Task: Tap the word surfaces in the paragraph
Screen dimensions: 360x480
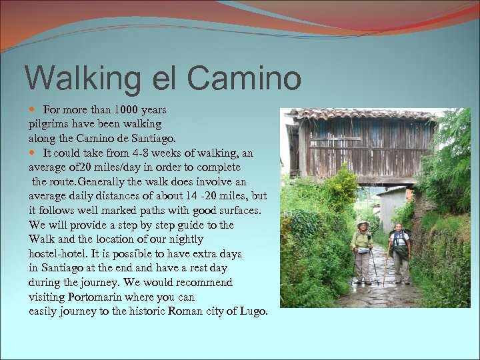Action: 239,211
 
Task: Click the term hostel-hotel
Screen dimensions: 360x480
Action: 59,254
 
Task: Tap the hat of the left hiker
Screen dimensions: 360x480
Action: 363,225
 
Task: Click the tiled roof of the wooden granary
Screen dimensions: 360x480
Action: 360,115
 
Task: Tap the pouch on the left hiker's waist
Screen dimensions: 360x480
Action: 363,251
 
